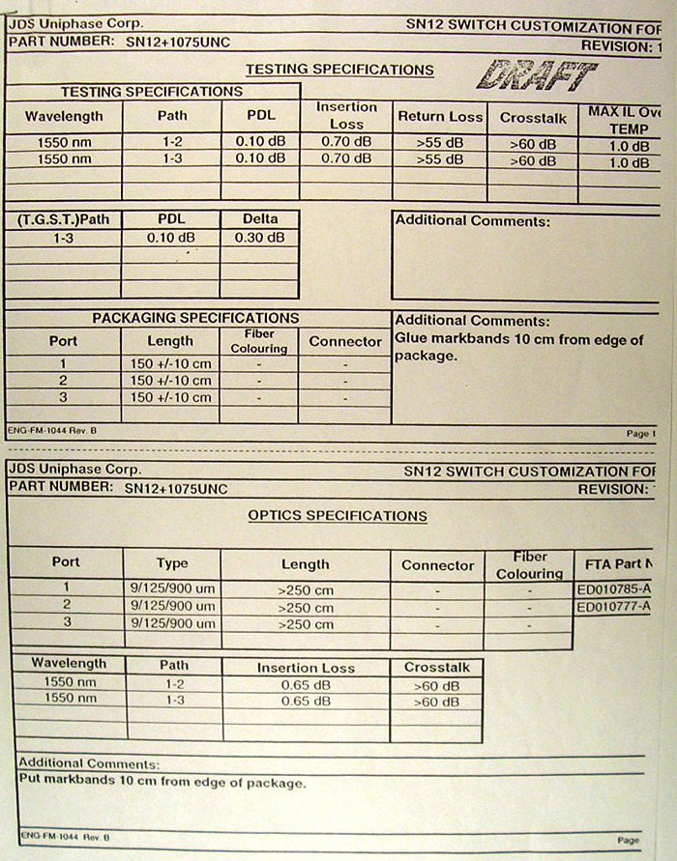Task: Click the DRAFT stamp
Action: point(537,74)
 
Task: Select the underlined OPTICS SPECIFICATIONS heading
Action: point(338,516)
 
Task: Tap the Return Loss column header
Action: point(439,117)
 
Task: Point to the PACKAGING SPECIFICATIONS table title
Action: point(195,318)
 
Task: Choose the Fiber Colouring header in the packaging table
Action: point(259,341)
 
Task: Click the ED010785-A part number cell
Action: point(613,588)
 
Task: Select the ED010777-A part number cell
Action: point(613,607)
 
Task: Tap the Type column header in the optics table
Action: point(172,563)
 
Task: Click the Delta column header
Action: point(259,219)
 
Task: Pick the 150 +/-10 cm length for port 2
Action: point(170,381)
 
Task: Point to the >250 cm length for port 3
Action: point(305,625)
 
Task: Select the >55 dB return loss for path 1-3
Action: point(439,159)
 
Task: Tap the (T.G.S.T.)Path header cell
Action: point(63,219)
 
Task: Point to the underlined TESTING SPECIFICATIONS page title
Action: point(339,70)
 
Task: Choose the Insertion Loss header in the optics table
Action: point(305,668)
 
